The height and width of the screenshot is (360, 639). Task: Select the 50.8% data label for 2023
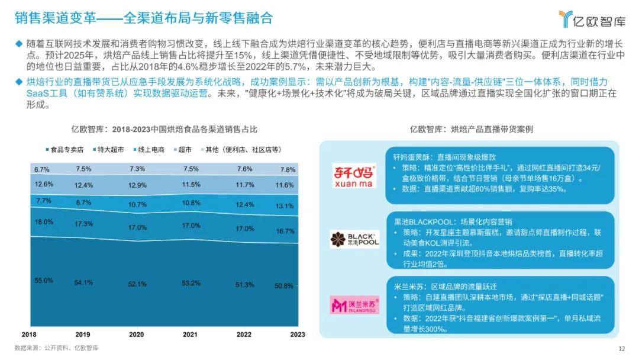284,285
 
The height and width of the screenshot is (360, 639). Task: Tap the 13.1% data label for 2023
284,206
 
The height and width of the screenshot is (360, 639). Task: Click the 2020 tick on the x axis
136,334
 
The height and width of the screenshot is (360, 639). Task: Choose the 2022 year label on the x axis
244,334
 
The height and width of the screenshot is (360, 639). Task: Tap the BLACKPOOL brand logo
354,239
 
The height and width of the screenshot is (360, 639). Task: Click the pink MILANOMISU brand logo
354,304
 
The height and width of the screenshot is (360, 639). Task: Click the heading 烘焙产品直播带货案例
472,128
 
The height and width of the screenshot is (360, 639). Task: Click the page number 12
621,348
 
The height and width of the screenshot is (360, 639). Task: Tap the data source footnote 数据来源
56,348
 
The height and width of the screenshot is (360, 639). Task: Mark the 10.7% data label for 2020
137,204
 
